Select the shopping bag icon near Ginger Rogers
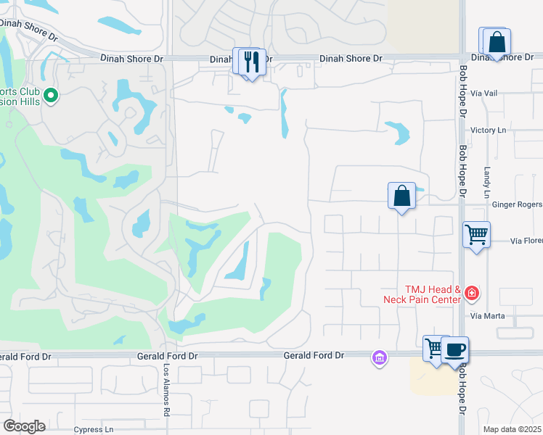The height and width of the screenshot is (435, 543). pyautogui.click(x=401, y=196)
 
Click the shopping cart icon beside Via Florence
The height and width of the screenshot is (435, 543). pyautogui.click(x=477, y=235)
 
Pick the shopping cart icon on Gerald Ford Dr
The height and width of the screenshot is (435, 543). pyautogui.click(x=435, y=348)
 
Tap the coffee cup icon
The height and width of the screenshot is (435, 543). pyautogui.click(x=455, y=350)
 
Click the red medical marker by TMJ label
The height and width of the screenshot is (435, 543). pyautogui.click(x=472, y=293)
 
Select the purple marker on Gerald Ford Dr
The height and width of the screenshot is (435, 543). pyautogui.click(x=379, y=357)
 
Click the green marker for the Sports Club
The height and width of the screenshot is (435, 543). pyautogui.click(x=51, y=95)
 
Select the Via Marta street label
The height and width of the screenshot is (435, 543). pyautogui.click(x=486, y=316)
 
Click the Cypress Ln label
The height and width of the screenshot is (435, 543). pyautogui.click(x=94, y=430)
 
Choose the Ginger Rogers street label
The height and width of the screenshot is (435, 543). pyautogui.click(x=517, y=205)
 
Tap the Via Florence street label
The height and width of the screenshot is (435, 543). pyautogui.click(x=526, y=240)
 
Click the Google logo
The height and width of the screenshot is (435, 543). pyautogui.click(x=24, y=426)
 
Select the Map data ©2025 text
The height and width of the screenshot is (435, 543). pyautogui.click(x=512, y=429)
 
